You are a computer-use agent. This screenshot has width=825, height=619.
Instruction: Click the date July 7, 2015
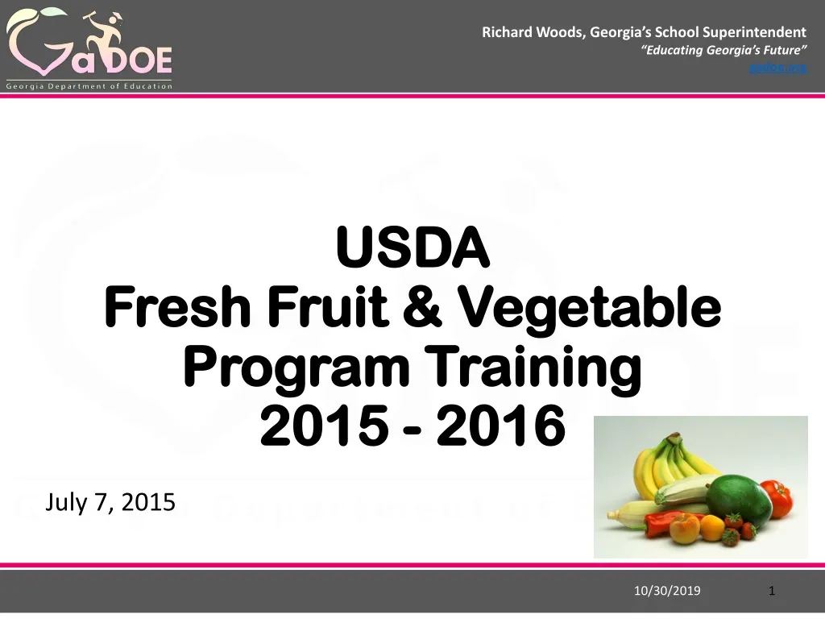(110, 502)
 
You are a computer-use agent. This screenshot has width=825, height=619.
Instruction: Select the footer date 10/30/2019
(667, 591)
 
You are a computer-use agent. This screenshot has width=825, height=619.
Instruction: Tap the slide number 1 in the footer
(772, 591)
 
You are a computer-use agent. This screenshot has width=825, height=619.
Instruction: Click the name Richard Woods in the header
(533, 32)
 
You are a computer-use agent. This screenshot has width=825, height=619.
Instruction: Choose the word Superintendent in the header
(754, 32)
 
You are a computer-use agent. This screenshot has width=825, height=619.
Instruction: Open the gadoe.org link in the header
(777, 67)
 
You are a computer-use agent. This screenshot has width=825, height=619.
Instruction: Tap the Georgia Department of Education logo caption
(89, 86)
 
